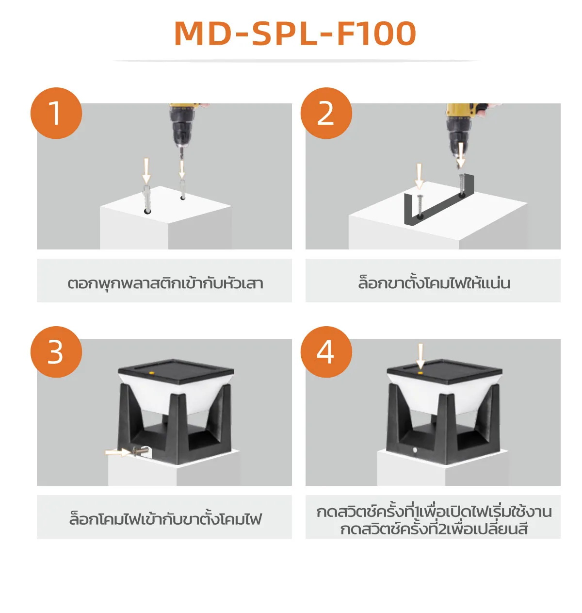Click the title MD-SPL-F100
click(x=295, y=33)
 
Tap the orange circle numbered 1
click(x=56, y=113)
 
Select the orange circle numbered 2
click(x=326, y=113)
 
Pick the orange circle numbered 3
click(x=56, y=352)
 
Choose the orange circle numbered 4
click(x=326, y=352)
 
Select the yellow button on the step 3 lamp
click(x=151, y=373)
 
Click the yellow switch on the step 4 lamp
click(x=420, y=373)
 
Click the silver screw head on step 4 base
click(x=415, y=450)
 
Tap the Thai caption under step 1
click(x=165, y=283)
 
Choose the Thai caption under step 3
click(x=165, y=519)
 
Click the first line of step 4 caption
click(x=434, y=512)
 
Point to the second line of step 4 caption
click(x=434, y=529)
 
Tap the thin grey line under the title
click(x=295, y=61)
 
